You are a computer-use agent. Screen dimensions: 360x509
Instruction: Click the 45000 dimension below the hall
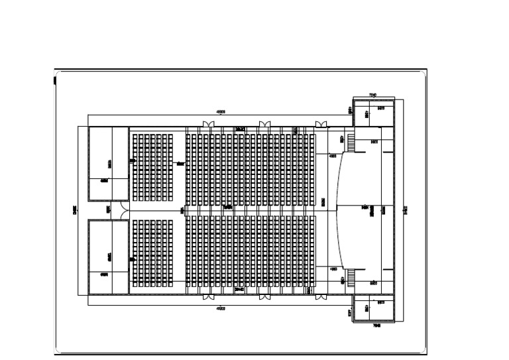[220, 309]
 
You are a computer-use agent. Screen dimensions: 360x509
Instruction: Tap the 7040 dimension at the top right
[372, 95]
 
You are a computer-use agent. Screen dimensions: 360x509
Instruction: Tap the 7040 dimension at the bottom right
[376, 326]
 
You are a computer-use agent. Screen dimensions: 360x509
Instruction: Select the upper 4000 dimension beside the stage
[332, 156]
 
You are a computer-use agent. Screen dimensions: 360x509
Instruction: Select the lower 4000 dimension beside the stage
[332, 269]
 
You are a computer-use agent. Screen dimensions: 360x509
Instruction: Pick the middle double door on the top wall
[264, 124]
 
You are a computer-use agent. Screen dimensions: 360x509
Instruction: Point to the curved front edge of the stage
[339, 211]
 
